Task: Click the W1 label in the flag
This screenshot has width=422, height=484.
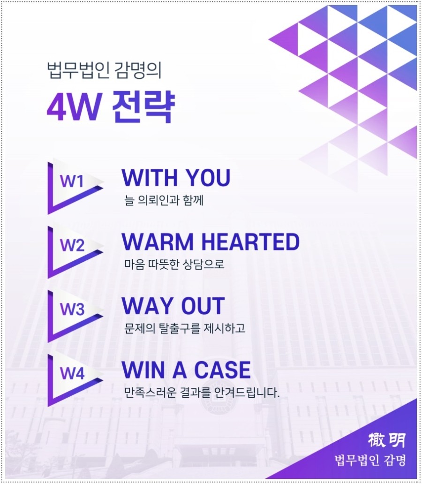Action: [72, 181]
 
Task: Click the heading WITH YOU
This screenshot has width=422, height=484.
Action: [176, 178]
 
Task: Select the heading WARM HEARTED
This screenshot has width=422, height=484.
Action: [210, 242]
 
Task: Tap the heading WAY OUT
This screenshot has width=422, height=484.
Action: [173, 306]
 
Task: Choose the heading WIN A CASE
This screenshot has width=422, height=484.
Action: [186, 370]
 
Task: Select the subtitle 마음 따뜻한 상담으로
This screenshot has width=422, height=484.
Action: [174, 264]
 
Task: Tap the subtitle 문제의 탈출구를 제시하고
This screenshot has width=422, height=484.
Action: [185, 328]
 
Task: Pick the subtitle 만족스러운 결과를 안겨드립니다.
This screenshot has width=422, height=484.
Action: [202, 392]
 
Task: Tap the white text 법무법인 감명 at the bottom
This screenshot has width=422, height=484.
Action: [368, 460]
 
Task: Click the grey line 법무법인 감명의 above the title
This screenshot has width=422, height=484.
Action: [105, 72]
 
